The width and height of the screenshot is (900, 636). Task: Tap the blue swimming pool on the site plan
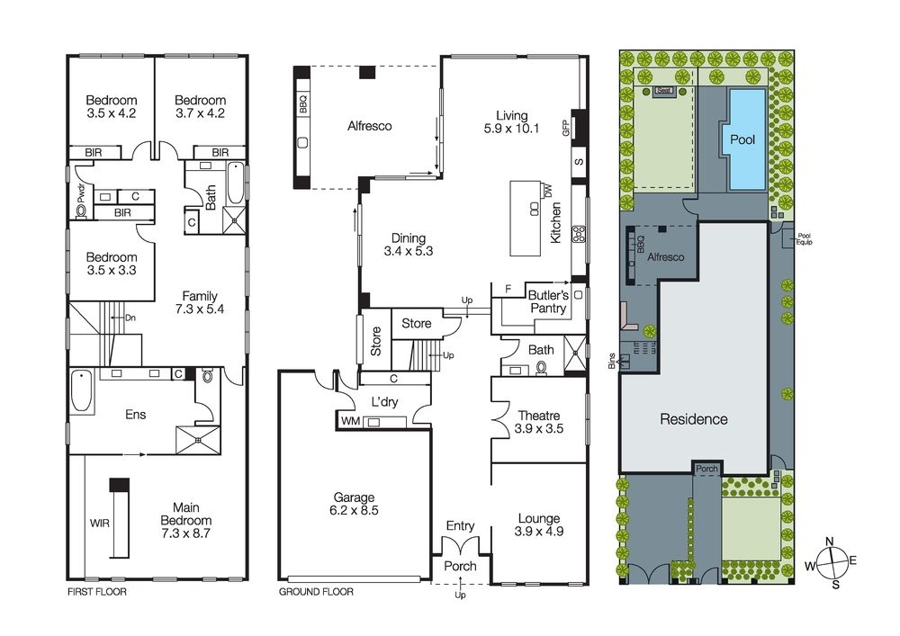742,139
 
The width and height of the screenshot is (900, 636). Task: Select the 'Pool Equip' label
804,239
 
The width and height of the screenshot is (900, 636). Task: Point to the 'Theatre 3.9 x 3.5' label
540,423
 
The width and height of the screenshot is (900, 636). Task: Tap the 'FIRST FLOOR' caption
97,593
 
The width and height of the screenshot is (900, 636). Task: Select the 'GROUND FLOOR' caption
316,593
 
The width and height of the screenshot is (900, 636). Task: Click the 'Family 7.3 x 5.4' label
200,302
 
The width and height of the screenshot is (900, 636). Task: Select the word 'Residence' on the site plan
693,418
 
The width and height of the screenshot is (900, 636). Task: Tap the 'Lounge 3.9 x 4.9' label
539,524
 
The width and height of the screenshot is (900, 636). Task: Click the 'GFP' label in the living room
566,128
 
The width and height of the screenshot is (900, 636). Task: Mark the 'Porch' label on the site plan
706,468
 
